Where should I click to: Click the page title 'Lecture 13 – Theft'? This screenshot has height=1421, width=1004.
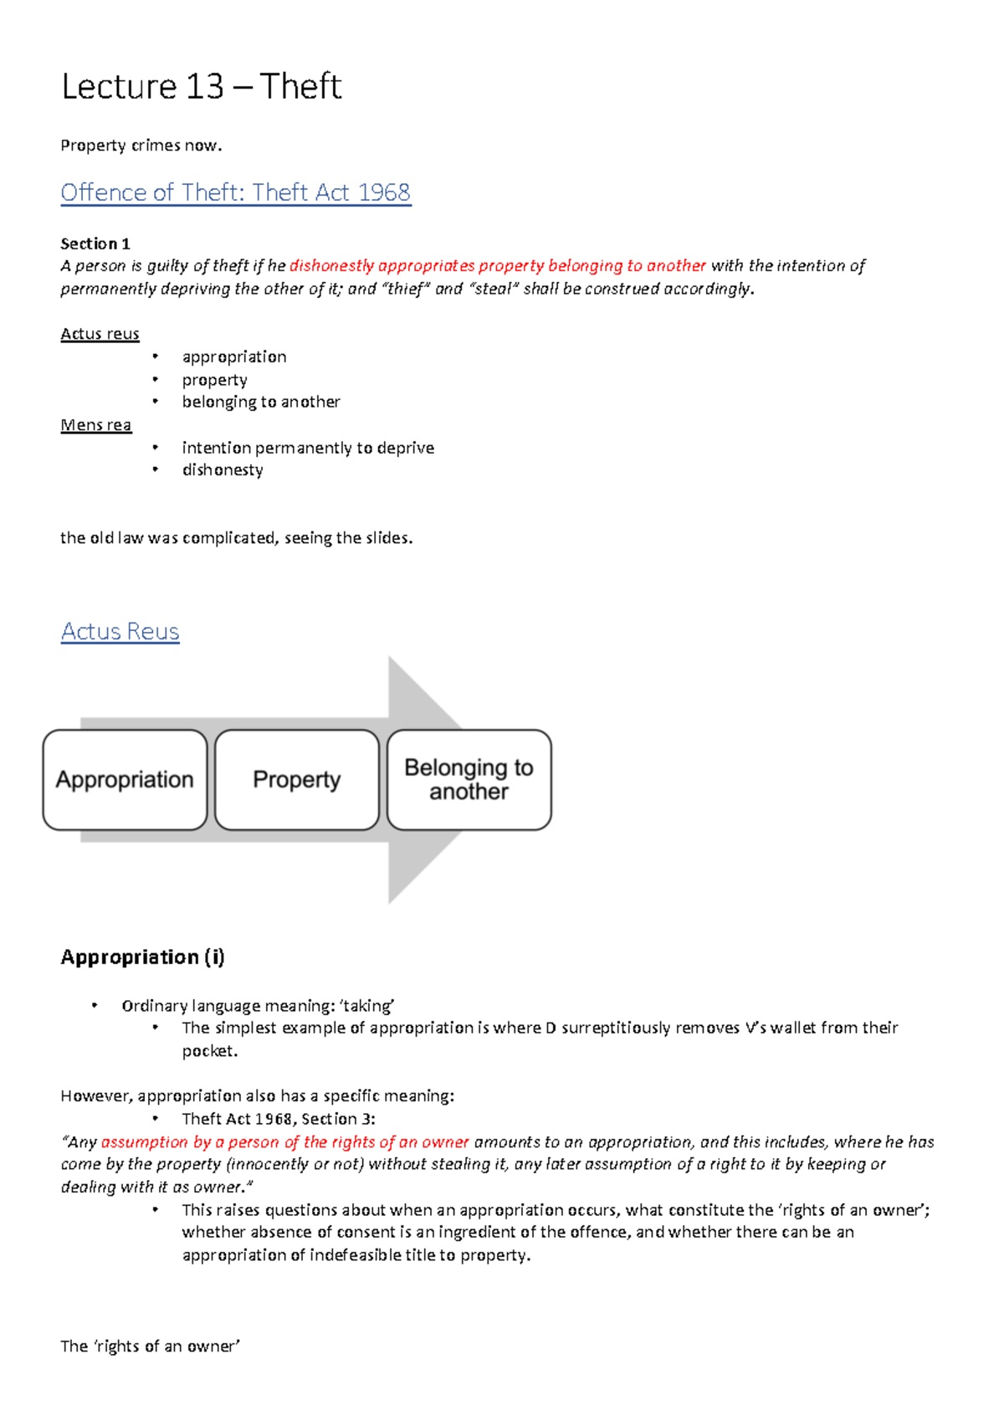(x=201, y=87)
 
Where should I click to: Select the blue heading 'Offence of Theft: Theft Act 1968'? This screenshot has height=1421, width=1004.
(x=235, y=192)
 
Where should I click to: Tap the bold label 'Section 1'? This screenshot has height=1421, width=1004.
(x=95, y=244)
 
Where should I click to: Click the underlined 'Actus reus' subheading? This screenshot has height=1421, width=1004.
(x=100, y=334)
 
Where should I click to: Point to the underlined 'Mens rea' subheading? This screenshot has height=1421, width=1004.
(x=95, y=425)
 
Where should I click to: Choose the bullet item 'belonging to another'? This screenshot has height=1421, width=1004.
(x=261, y=402)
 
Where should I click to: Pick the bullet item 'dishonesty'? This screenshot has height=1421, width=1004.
(x=223, y=469)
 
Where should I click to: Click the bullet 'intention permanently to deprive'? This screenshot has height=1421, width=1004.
(x=308, y=448)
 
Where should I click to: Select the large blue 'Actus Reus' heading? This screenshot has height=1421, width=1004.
(x=120, y=631)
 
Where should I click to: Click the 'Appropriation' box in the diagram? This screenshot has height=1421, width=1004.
(x=125, y=779)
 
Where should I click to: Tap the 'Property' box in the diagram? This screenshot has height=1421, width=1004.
(x=297, y=779)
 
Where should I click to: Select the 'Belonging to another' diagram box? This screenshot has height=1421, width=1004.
(x=469, y=779)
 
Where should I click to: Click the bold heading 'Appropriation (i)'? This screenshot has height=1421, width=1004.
(x=142, y=957)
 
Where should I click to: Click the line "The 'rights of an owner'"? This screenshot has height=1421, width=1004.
(x=150, y=1346)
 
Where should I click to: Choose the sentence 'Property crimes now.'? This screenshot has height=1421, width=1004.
(x=141, y=146)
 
